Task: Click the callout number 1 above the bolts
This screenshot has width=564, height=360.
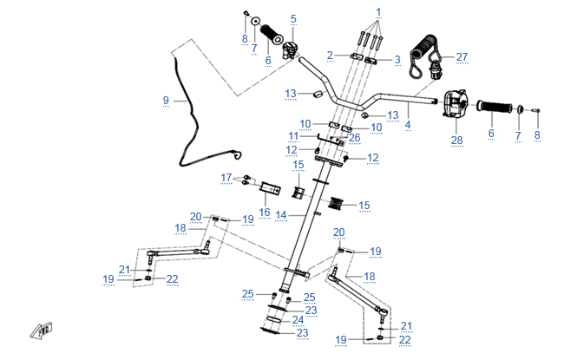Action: point(377,13)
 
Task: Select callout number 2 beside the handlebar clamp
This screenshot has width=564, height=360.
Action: point(330,56)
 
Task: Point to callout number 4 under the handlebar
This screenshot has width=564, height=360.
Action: point(408,125)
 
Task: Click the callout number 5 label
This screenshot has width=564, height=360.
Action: point(293,18)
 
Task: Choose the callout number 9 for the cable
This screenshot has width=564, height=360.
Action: point(166,101)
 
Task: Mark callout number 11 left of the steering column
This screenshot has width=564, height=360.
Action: point(293,137)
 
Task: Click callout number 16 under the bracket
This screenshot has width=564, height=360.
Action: point(265,212)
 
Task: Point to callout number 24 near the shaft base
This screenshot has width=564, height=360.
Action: point(298,320)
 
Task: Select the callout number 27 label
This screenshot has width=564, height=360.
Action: point(462,57)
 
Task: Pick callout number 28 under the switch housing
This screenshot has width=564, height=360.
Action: point(458,140)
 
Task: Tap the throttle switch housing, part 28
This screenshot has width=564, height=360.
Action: point(454,104)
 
